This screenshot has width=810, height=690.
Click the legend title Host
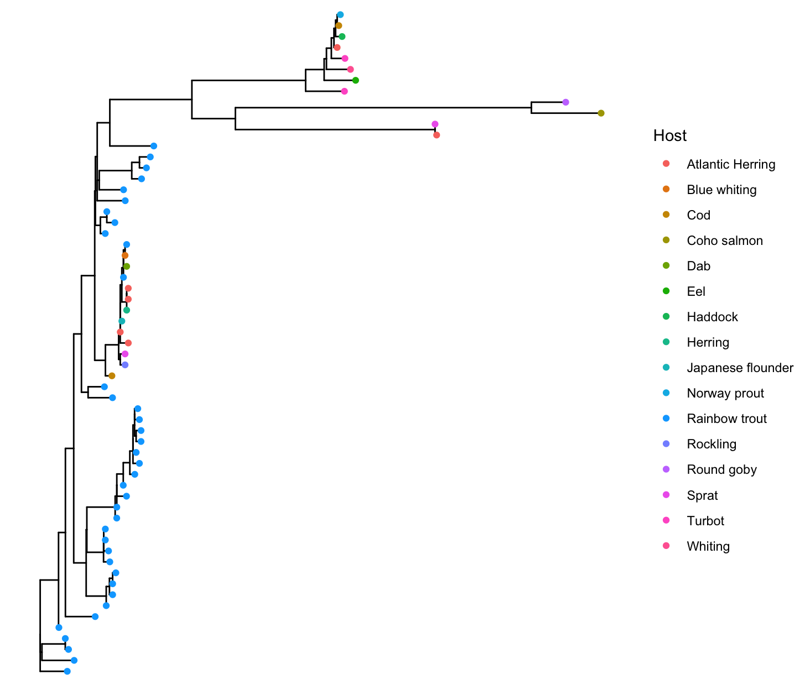click(x=669, y=136)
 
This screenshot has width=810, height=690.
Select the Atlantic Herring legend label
click(x=730, y=164)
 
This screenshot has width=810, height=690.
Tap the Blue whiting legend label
click(x=721, y=190)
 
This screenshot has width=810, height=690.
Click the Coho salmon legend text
click(x=724, y=241)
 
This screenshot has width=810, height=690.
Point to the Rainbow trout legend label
click(x=726, y=419)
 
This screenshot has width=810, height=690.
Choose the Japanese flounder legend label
click(x=740, y=368)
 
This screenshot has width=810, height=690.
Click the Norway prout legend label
click(x=725, y=393)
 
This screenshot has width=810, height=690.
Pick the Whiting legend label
click(x=708, y=546)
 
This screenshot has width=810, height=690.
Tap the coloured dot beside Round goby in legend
click(x=666, y=469)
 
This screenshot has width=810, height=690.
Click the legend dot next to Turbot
click(x=666, y=520)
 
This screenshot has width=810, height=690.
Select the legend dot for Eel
click(x=666, y=291)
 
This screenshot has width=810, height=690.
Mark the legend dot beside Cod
click(x=666, y=215)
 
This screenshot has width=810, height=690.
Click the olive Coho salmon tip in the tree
click(x=601, y=113)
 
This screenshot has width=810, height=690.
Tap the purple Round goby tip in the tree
click(x=565, y=102)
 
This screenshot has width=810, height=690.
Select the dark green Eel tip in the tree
click(x=356, y=80)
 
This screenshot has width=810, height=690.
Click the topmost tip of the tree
click(x=340, y=15)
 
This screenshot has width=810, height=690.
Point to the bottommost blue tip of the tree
click(x=67, y=671)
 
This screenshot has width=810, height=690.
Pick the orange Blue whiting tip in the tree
click(x=125, y=255)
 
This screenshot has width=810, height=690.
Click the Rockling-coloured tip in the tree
click(x=125, y=365)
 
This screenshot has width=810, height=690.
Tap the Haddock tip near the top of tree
click(x=342, y=36)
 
